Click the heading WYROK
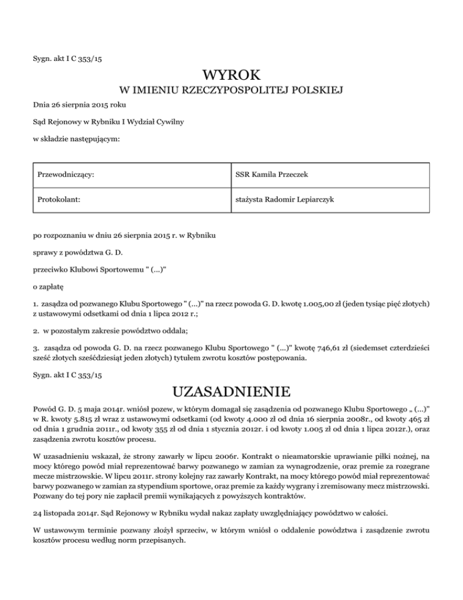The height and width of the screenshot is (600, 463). (231, 75)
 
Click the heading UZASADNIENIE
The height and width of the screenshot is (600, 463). (231, 392)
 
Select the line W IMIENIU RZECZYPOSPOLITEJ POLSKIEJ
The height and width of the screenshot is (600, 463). (231, 91)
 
